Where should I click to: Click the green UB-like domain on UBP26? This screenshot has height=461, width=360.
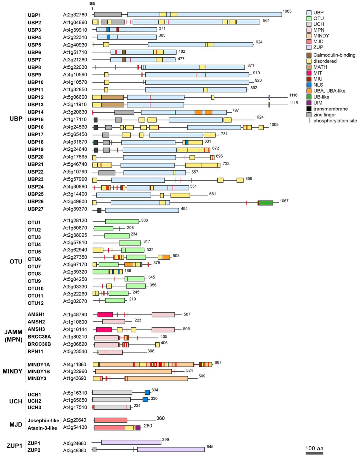pyautogui.click(x=266, y=203)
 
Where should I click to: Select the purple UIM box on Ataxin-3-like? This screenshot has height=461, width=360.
pyautogui.click(x=138, y=428)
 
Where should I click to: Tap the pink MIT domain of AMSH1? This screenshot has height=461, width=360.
pyautogui.click(x=105, y=314)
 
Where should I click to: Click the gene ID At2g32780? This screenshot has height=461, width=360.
pyautogui.click(x=75, y=15)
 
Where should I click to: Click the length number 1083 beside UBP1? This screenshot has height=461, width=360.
pyautogui.click(x=287, y=11)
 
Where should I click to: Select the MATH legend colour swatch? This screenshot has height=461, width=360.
pyautogui.click(x=309, y=67)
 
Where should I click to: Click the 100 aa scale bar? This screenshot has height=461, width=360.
pyautogui.click(x=314, y=453)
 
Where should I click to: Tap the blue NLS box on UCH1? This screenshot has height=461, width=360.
pyautogui.click(x=147, y=392)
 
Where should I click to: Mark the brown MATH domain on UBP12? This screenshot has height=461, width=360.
pyautogui.click(x=113, y=97)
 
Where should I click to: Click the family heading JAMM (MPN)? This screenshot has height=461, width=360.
pyautogui.click(x=13, y=336)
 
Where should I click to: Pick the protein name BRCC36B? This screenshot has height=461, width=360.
pyautogui.click(x=39, y=344)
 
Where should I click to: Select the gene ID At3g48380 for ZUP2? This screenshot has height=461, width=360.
pyautogui.click(x=75, y=450)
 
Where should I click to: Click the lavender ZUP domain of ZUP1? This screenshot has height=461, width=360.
pyautogui.click(x=131, y=442)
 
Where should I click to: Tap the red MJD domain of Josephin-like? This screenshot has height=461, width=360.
pyautogui.click(x=110, y=420)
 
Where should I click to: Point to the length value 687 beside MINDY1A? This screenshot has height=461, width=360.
pyautogui.click(x=218, y=362)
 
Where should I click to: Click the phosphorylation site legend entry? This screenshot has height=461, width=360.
pyautogui.click(x=335, y=121)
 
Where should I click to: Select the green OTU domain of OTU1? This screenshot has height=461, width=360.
pyautogui.click(x=122, y=222)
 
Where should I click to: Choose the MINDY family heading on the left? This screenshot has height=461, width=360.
pyautogui.click(x=12, y=371)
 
